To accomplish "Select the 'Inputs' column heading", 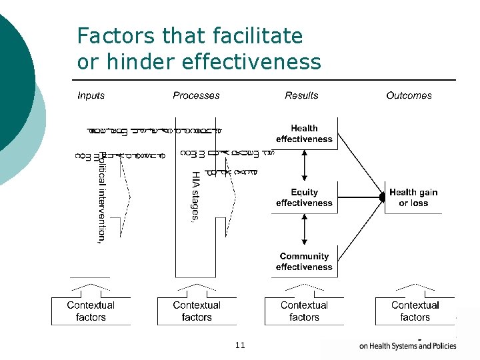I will coord(91,95).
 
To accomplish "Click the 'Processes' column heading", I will coord(196,95).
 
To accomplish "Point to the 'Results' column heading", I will coord(301,95).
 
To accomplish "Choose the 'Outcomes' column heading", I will coord(409,95).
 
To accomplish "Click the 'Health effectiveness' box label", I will coord(304,133).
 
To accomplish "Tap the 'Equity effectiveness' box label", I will coord(304,197).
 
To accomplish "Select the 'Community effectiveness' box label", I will coord(304,261).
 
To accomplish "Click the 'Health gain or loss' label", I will coord(413,197).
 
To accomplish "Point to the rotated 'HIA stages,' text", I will coord(195,198).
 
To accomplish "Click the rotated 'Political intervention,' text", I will coord(101,197).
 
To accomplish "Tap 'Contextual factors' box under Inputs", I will coord(91,311).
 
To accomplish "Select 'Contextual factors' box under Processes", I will coord(197,311).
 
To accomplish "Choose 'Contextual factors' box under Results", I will coord(304,311).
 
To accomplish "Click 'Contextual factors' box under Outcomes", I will coord(415,311).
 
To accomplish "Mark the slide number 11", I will coord(240,345).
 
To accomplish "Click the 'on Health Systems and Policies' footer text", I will coord(408,345).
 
